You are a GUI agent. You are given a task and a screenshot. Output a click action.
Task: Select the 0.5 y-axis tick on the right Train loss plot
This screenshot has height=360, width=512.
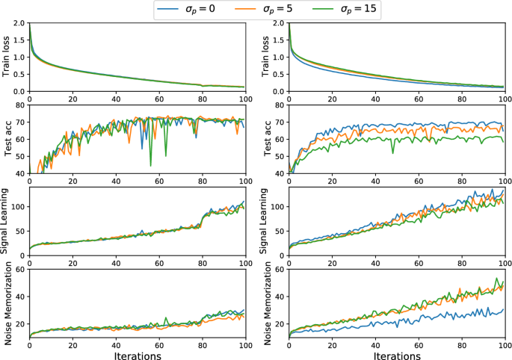pyautogui.click(x=278, y=75)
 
